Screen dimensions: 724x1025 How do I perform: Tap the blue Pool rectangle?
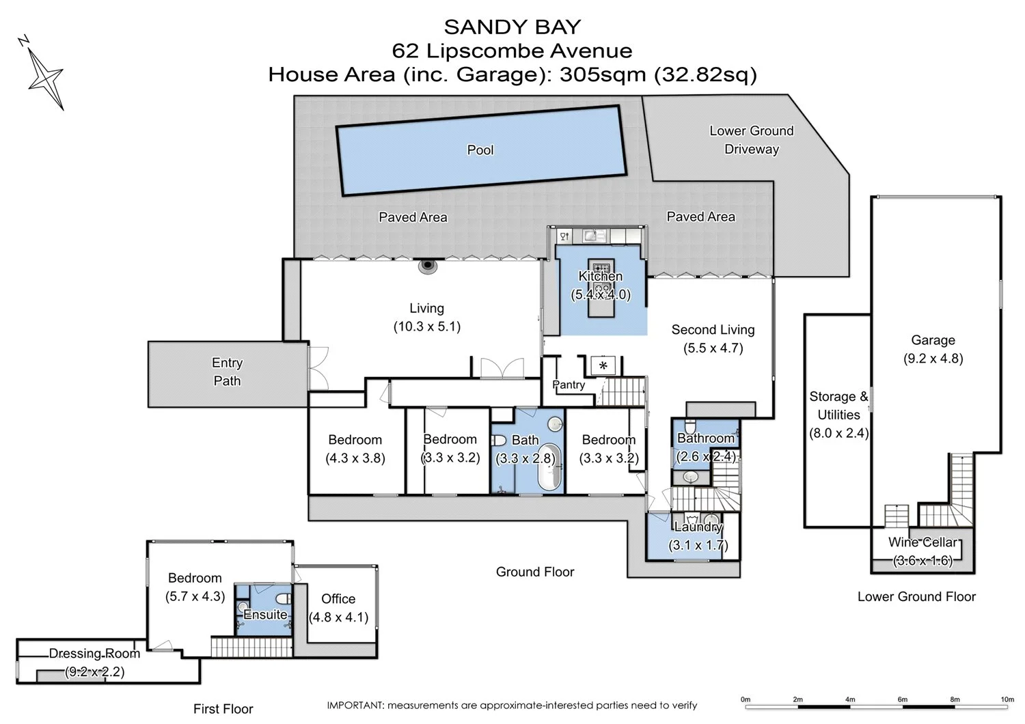[x=481, y=150]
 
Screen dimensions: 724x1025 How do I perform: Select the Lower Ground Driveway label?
[x=751, y=140]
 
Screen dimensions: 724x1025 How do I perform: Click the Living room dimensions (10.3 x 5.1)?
[x=427, y=326]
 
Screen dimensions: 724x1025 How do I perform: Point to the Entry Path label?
[x=227, y=372]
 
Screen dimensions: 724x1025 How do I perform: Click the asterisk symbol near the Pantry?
[x=603, y=366]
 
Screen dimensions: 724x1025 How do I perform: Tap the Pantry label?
[x=569, y=385]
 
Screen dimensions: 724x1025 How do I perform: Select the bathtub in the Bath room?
[x=548, y=467]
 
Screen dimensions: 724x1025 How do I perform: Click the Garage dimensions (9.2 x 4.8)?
[x=933, y=359]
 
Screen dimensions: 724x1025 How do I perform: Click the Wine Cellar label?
[x=922, y=542]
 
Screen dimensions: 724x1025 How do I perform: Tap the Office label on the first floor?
[x=338, y=599]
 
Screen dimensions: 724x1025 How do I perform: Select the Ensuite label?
[x=265, y=615]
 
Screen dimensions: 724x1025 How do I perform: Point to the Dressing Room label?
[x=94, y=654]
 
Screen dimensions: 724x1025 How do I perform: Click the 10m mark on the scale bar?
[x=1007, y=700]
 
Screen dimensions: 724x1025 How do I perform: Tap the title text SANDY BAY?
[x=512, y=27]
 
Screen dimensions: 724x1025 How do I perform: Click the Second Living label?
[x=713, y=330]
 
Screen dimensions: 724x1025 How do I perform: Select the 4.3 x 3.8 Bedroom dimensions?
[x=355, y=458]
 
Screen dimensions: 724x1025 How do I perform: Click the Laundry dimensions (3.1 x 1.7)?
[x=698, y=545]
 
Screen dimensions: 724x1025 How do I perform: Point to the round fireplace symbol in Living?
[x=428, y=266]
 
